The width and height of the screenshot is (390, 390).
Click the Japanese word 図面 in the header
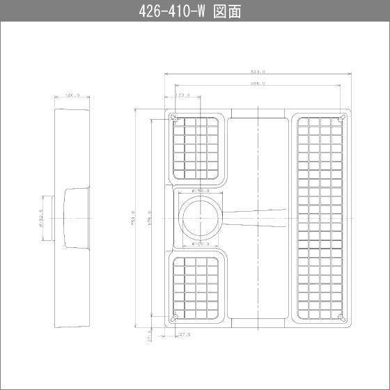[226, 12]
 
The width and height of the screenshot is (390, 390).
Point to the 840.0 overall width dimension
[257, 71]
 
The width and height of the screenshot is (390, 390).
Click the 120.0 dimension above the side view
[72, 95]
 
